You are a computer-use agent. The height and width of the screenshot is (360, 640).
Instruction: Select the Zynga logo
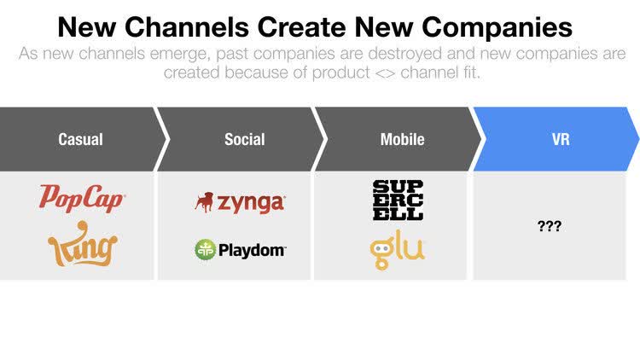pyautogui.click(x=239, y=202)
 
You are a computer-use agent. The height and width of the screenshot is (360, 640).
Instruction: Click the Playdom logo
pyautogui.click(x=240, y=249)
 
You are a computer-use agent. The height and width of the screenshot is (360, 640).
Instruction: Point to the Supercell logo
pyautogui.click(x=398, y=200)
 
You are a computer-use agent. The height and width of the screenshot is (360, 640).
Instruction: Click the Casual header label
pyautogui.click(x=80, y=139)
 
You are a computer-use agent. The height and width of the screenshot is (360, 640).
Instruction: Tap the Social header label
pyautogui.click(x=244, y=139)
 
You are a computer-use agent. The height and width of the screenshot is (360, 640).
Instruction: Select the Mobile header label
pyautogui.click(x=402, y=139)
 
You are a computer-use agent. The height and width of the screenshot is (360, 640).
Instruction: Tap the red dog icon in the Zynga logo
pyautogui.click(x=204, y=202)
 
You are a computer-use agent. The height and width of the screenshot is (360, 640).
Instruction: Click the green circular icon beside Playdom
pyautogui.click(x=205, y=249)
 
